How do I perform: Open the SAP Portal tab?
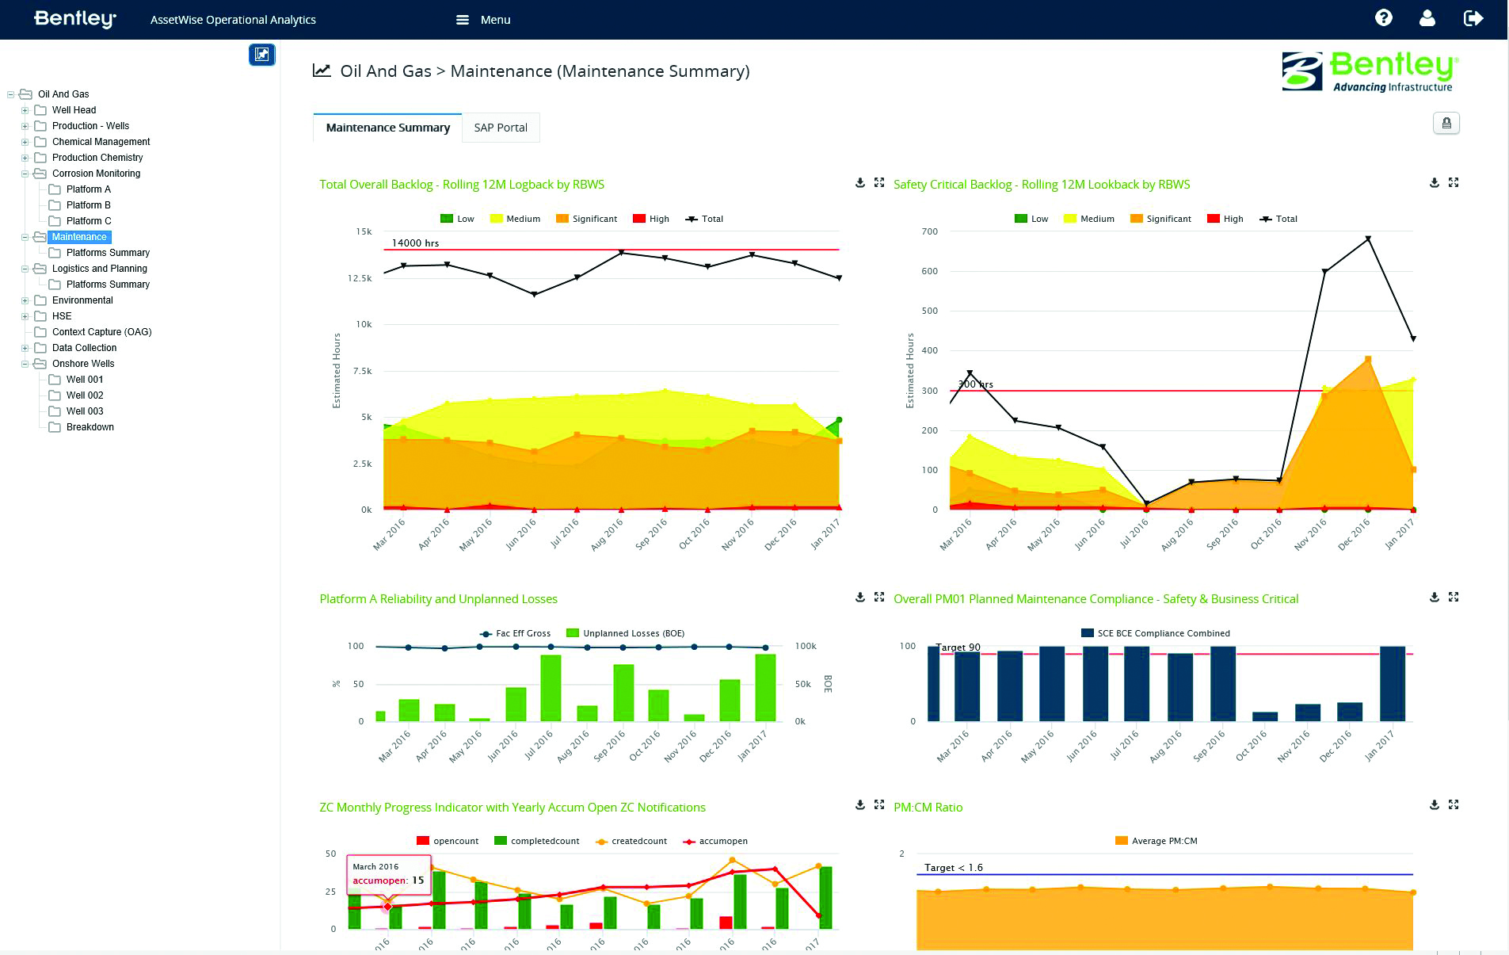click(x=501, y=128)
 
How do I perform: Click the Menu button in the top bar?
click(x=484, y=20)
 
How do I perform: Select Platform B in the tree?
click(x=88, y=205)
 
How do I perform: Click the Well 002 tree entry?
click(x=85, y=395)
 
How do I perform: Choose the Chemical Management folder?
click(x=101, y=142)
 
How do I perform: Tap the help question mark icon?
click(x=1383, y=18)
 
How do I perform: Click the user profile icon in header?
click(x=1427, y=18)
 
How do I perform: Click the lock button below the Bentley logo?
click(x=1446, y=124)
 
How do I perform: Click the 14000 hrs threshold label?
click(x=415, y=243)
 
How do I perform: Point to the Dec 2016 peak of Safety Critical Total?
click(x=1368, y=239)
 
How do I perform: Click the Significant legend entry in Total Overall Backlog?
click(x=586, y=219)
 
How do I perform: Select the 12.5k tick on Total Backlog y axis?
click(x=360, y=278)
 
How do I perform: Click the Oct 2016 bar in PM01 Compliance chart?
click(x=1265, y=716)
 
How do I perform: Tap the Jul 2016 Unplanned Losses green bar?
click(x=551, y=687)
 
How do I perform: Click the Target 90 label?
click(x=958, y=647)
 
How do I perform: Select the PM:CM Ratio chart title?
click(x=928, y=808)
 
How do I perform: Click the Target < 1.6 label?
click(x=953, y=868)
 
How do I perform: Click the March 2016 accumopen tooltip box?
click(x=388, y=874)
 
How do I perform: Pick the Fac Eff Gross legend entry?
click(x=516, y=633)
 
